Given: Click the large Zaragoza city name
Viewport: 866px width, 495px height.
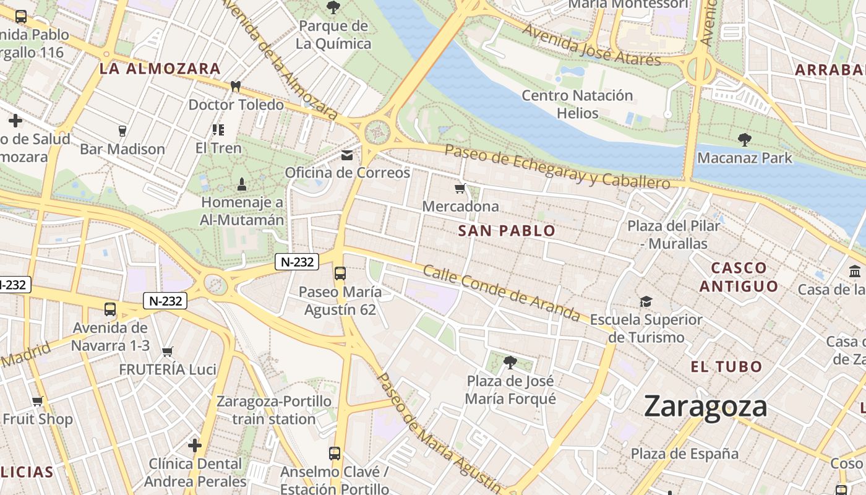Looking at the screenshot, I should click(705, 407).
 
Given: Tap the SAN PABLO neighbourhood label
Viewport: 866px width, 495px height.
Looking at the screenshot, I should click(507, 231).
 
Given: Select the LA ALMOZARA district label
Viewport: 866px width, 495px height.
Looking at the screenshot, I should click(160, 69).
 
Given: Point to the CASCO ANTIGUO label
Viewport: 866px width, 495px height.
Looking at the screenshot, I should click(739, 277).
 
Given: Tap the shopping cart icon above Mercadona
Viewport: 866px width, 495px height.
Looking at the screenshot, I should click(460, 189).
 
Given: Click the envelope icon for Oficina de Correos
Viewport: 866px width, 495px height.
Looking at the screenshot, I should click(346, 155).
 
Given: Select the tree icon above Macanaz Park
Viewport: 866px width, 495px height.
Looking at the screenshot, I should click(744, 140).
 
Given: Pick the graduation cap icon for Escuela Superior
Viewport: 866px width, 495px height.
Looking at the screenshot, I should click(646, 301).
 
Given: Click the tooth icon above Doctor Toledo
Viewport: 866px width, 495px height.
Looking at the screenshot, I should click(235, 87).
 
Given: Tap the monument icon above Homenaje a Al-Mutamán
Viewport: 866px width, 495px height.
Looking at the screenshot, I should click(241, 184).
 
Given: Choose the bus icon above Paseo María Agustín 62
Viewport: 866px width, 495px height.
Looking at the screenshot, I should click(340, 273).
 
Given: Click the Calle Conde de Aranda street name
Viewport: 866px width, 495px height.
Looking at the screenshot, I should click(501, 293).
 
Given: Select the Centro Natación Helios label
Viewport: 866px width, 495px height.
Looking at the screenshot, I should click(577, 104).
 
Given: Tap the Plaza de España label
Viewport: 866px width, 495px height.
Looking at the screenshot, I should click(684, 454).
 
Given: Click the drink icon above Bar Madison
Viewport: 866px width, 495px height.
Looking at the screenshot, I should click(122, 131).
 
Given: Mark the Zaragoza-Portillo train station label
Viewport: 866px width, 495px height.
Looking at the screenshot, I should click(273, 410).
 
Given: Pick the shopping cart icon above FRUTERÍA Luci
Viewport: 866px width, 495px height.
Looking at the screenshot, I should click(167, 351).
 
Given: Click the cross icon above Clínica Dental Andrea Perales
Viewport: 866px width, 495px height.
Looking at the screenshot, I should click(195, 445).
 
